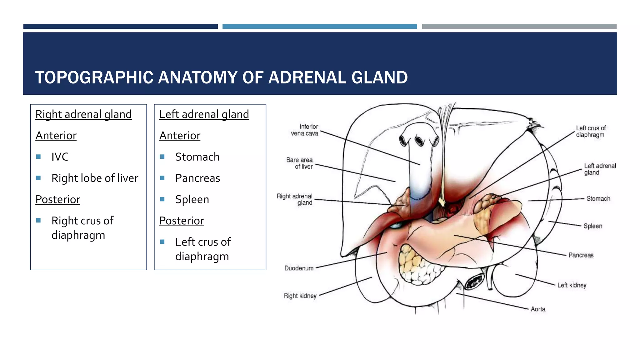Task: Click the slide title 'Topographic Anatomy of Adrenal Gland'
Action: [x=221, y=77]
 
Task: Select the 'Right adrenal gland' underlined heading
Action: [x=83, y=114]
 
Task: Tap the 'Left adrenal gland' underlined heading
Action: [x=204, y=114]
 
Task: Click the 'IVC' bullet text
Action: [x=60, y=157]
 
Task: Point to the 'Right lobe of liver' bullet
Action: [x=95, y=178]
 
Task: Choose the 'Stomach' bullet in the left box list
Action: [x=197, y=157]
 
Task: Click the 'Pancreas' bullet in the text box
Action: [x=197, y=178]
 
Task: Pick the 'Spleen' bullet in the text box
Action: [x=192, y=199]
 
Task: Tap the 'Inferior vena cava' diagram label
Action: [x=305, y=130]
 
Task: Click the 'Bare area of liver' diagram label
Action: [x=299, y=163]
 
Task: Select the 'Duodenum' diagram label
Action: [x=299, y=268]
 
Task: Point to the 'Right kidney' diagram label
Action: [x=300, y=296]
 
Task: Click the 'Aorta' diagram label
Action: [x=538, y=309]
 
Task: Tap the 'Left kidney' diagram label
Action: [x=572, y=285]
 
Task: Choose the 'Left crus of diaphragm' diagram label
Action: [x=591, y=132]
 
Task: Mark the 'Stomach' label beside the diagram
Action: [x=598, y=199]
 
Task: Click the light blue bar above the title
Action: [x=319, y=27]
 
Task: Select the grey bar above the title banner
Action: [x=519, y=27]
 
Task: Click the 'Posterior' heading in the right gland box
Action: [x=58, y=199]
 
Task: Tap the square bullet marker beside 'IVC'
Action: [x=38, y=157]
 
